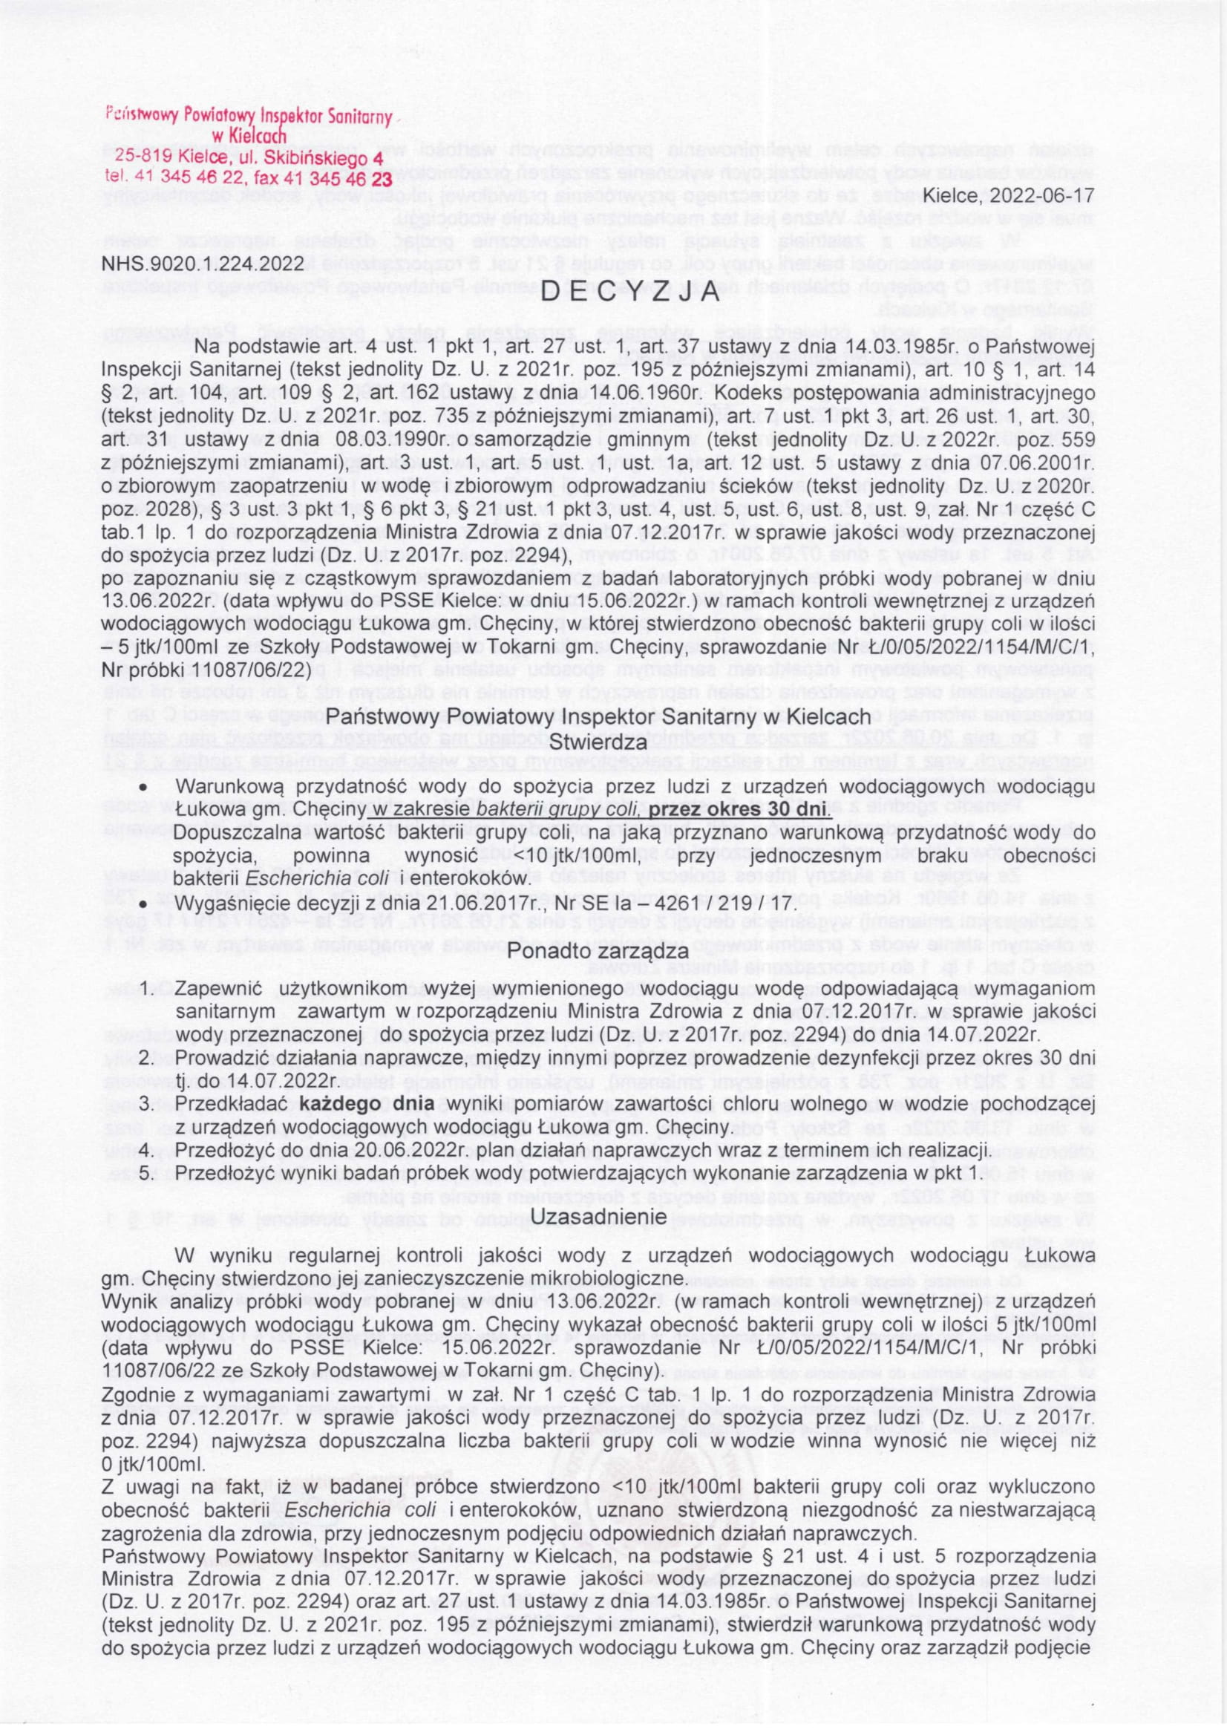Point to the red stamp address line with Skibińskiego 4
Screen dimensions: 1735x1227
tap(249, 159)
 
